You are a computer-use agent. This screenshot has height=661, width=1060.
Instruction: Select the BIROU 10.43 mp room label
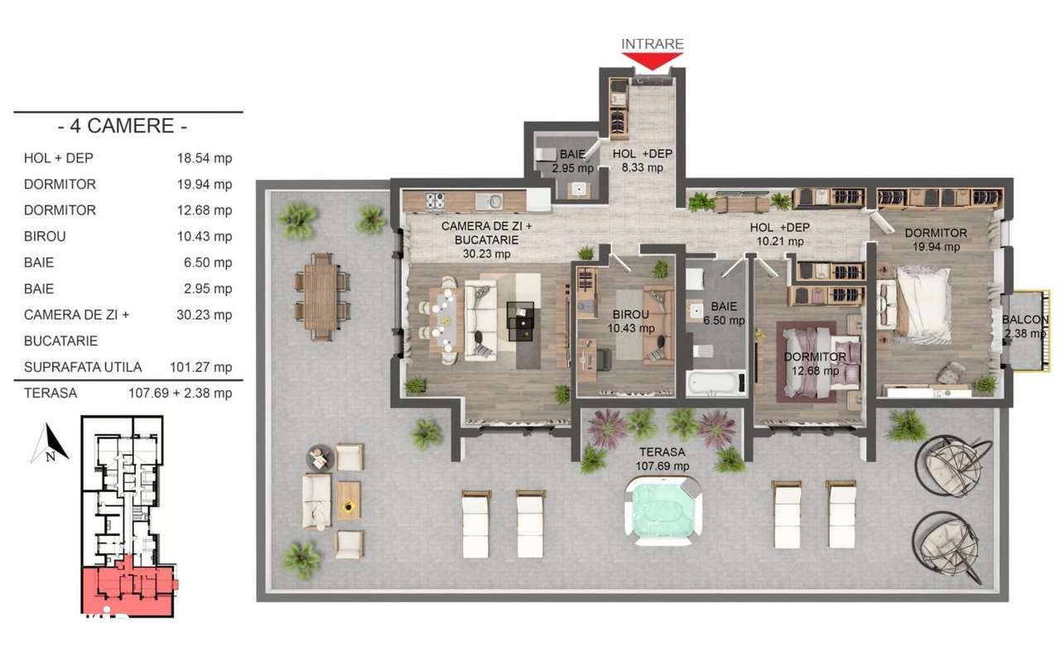(x=631, y=321)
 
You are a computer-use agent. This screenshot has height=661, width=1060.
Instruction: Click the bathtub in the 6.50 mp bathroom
(x=715, y=383)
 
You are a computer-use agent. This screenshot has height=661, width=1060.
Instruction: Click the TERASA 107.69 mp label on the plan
(x=662, y=459)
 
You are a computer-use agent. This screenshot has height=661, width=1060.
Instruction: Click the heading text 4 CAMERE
(x=123, y=127)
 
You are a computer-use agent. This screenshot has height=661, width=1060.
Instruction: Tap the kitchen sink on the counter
(x=494, y=200)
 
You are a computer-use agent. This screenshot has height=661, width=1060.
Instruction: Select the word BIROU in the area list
(x=45, y=236)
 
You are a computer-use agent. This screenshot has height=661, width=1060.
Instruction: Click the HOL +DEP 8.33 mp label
(x=643, y=161)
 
